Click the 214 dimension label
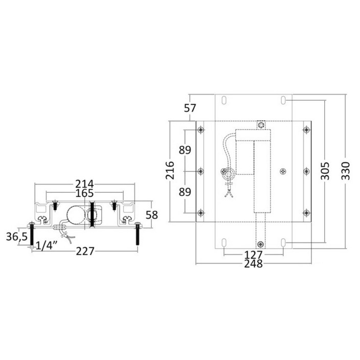[x=85, y=184]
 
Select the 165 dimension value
[x=85, y=193]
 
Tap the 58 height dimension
[x=152, y=215]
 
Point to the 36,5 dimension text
[x=17, y=236]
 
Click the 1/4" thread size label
[x=46, y=246]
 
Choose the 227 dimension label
[x=85, y=251]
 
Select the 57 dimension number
[x=190, y=108]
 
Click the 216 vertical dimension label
[x=170, y=170]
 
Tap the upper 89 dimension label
[x=185, y=150]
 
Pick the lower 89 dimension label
[x=185, y=192]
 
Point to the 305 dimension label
[x=325, y=171]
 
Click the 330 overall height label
[x=346, y=171]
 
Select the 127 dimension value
[x=253, y=255]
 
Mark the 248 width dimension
[x=253, y=264]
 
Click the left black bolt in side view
[x=32, y=234]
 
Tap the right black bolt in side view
[x=138, y=234]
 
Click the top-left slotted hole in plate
[x=224, y=100]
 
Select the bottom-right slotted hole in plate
[x=283, y=242]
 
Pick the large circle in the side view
[x=76, y=215]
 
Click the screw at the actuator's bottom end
[x=261, y=244]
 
